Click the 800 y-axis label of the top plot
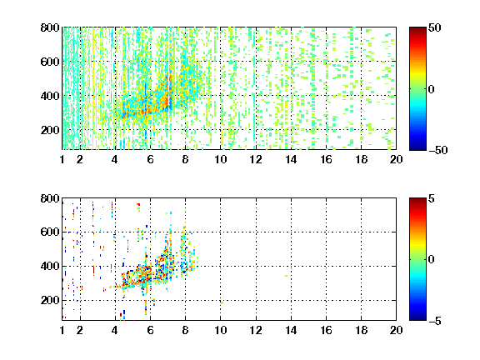[x=50, y=27]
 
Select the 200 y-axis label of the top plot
[x=50, y=130]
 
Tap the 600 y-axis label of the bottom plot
[x=50, y=232]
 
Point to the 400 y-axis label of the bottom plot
[x=50, y=266]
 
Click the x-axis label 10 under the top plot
[x=220, y=159]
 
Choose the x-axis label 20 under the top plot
[x=396, y=159]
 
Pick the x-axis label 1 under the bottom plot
[x=62, y=330]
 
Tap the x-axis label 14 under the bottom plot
[x=291, y=330]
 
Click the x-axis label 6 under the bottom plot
[x=150, y=330]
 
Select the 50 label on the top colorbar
[x=434, y=27]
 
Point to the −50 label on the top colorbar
[x=438, y=150]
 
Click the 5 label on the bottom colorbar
[x=432, y=198]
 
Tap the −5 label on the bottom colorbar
[x=435, y=321]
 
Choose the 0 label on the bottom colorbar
[x=431, y=260]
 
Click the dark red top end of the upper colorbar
[x=417, y=28]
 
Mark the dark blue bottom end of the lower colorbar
[x=417, y=319]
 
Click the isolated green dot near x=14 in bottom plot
[x=286, y=276]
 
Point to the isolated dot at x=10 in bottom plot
[x=222, y=303]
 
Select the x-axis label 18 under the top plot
[x=361, y=159]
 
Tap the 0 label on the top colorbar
[x=431, y=89]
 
